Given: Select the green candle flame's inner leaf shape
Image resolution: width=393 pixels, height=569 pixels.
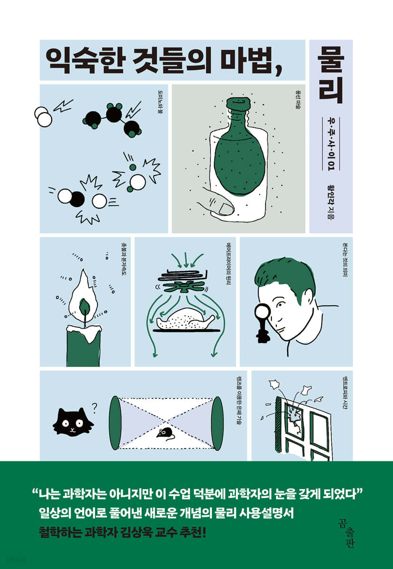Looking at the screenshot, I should point(86,306).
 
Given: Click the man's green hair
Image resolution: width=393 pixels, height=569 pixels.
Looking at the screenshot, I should point(275,275).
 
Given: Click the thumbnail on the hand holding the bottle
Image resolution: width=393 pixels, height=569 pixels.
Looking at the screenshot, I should point(224,208).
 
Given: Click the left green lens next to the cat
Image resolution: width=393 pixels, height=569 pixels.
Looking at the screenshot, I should point(116,422).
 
